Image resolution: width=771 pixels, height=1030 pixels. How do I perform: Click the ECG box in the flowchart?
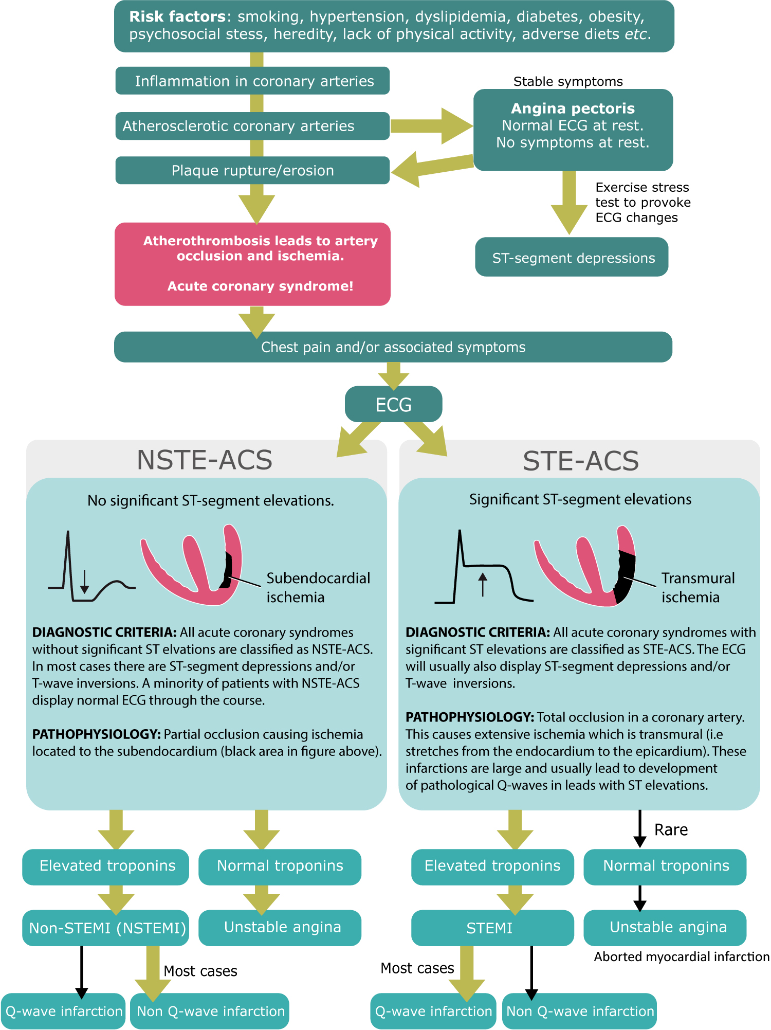(393, 405)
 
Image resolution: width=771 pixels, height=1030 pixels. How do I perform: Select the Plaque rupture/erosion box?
(252, 170)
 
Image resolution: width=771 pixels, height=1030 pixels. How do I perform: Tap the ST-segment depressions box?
(572, 257)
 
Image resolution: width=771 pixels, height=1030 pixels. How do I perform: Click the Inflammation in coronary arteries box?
(252, 81)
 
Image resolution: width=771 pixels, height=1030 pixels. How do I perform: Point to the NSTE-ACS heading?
(205, 460)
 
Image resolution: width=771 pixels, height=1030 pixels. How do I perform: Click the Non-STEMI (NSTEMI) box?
(106, 928)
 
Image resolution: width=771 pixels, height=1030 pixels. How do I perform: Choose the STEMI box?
(491, 928)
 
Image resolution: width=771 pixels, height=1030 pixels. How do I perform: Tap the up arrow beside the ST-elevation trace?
(482, 585)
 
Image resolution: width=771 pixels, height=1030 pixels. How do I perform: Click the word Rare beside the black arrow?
(671, 830)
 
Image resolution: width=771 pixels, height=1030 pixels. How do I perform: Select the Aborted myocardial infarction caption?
(682, 956)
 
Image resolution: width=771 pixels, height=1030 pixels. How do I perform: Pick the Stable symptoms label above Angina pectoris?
(568, 82)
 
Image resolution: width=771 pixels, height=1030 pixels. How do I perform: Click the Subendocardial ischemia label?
(318, 587)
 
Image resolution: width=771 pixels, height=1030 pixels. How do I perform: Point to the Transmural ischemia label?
(697, 587)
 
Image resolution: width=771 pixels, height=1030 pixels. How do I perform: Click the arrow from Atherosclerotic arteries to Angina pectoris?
(432, 126)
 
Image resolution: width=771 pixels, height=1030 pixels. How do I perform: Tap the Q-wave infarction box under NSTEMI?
(63, 1011)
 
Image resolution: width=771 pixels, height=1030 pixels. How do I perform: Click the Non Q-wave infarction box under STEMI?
(580, 1011)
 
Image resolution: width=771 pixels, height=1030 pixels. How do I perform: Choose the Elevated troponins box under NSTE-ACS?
(106, 866)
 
